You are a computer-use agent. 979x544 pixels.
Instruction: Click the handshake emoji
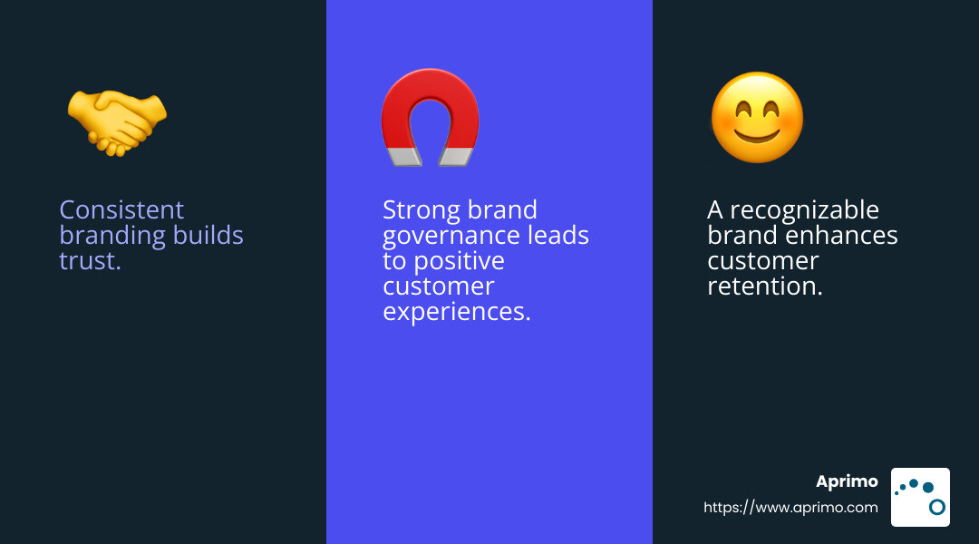pyautogui.click(x=117, y=122)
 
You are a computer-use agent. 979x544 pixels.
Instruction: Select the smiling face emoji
pyautogui.click(x=757, y=118)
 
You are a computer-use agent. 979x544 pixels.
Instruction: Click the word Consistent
pyautogui.click(x=121, y=209)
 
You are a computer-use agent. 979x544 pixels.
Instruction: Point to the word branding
pyautogui.click(x=113, y=236)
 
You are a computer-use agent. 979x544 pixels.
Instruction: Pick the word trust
pyautogui.click(x=90, y=261)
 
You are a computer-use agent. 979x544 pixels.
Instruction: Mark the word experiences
pyautogui.click(x=456, y=312)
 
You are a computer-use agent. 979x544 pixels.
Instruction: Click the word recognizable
pyautogui.click(x=804, y=210)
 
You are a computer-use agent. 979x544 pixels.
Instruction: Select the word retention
pyautogui.click(x=765, y=286)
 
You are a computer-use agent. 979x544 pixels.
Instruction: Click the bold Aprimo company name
pyautogui.click(x=847, y=481)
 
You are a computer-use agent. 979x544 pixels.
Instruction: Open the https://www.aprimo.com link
pyautogui.click(x=790, y=507)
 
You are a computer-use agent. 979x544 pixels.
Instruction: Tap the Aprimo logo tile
pyautogui.click(x=920, y=497)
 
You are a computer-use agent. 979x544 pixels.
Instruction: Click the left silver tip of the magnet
pyautogui.click(x=404, y=157)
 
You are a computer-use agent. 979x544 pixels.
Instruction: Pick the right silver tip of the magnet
pyautogui.click(x=456, y=158)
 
